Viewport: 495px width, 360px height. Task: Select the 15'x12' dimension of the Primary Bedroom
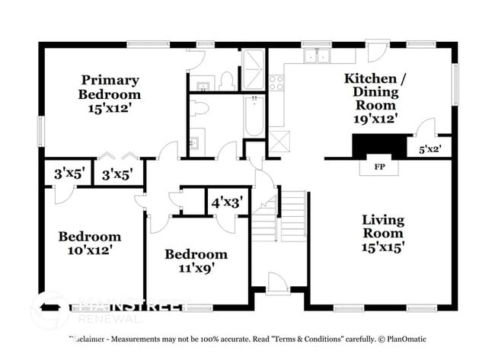tap(110, 109)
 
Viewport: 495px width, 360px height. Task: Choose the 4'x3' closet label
tap(226, 203)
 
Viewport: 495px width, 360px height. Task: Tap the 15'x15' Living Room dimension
tap(382, 247)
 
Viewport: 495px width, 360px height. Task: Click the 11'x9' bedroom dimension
tap(196, 269)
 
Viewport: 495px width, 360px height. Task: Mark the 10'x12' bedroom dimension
tap(90, 251)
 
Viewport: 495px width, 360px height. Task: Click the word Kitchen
tap(370, 78)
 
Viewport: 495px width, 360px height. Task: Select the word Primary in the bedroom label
tap(110, 80)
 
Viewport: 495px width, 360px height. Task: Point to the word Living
tap(383, 219)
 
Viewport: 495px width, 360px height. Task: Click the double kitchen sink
tap(315, 56)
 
